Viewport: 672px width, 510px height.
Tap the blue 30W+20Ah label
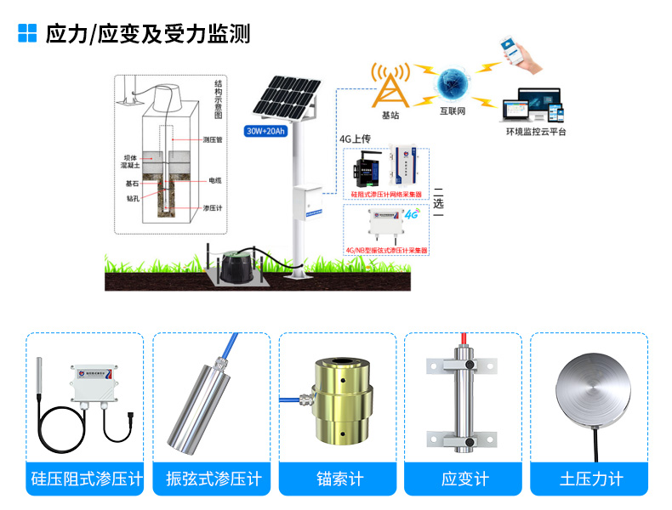click(x=265, y=131)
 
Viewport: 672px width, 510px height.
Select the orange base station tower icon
click(x=390, y=85)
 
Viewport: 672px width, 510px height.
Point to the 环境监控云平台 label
click(x=536, y=132)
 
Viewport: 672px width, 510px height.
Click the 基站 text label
click(x=390, y=116)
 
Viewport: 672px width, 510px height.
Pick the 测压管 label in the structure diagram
click(x=213, y=139)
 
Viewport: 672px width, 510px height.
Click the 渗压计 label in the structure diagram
click(x=213, y=208)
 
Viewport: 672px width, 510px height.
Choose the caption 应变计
click(x=464, y=479)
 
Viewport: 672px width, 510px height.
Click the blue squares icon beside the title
click(x=28, y=32)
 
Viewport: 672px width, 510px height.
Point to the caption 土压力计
click(x=591, y=479)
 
